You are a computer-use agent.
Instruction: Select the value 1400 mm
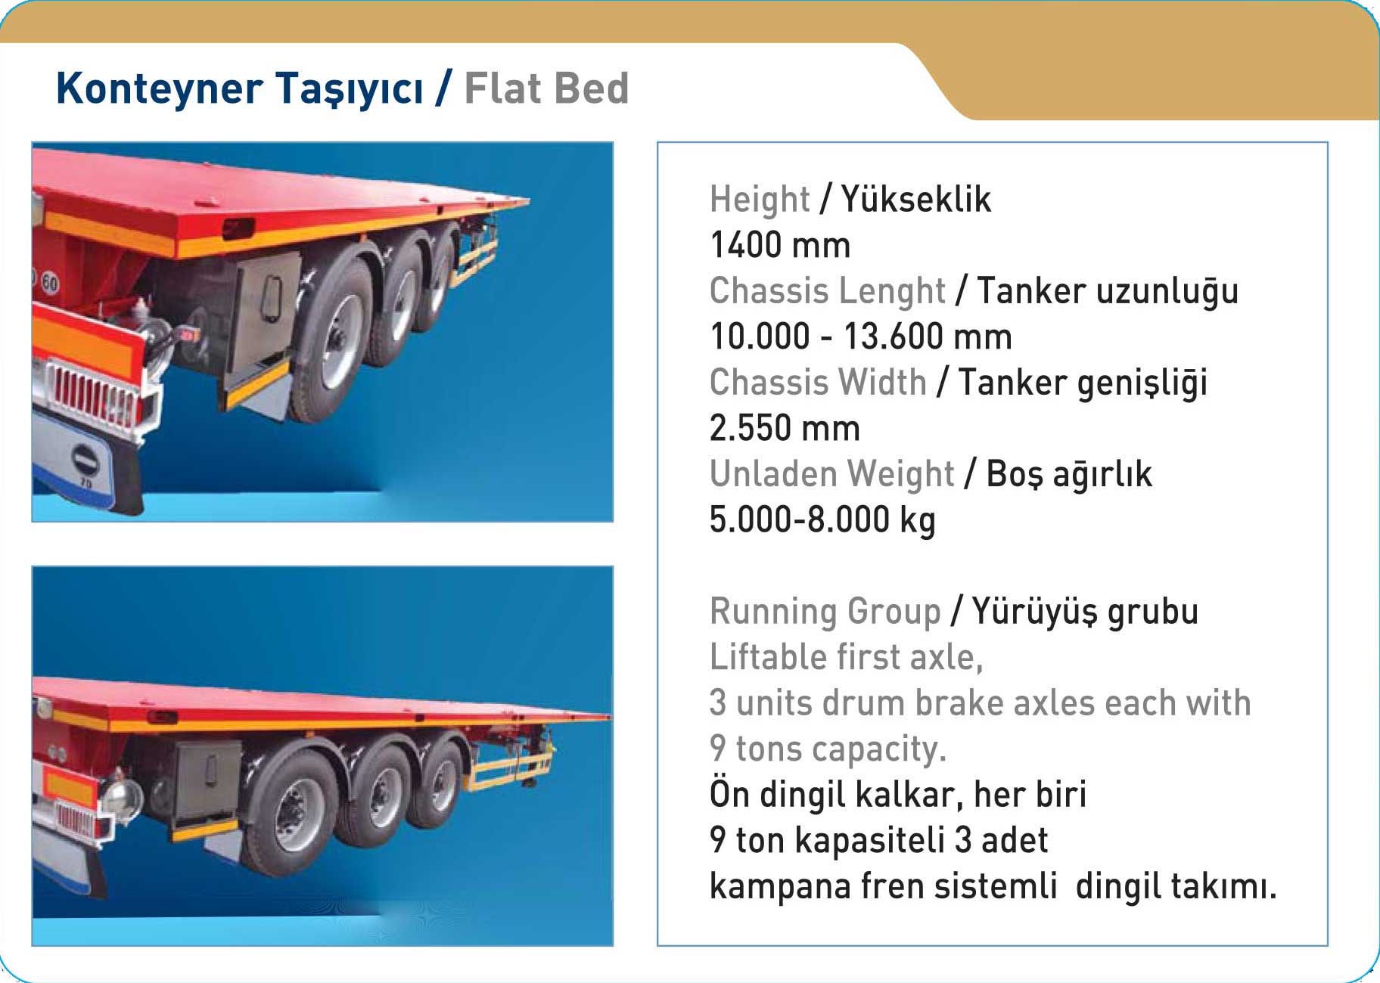(x=780, y=245)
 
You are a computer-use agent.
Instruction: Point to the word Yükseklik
(x=915, y=199)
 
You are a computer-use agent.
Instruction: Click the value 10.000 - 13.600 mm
(x=861, y=336)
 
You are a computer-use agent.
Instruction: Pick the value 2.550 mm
(x=785, y=428)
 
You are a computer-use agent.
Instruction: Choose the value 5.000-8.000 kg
(x=822, y=520)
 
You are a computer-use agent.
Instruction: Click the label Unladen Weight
(x=831, y=474)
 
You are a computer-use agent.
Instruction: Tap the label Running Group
(x=825, y=612)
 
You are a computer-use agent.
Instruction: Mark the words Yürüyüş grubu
(x=1085, y=612)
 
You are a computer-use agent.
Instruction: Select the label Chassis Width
(x=818, y=382)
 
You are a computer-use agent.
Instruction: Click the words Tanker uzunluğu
(x=1108, y=292)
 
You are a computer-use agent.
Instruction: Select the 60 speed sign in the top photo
(x=49, y=283)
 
